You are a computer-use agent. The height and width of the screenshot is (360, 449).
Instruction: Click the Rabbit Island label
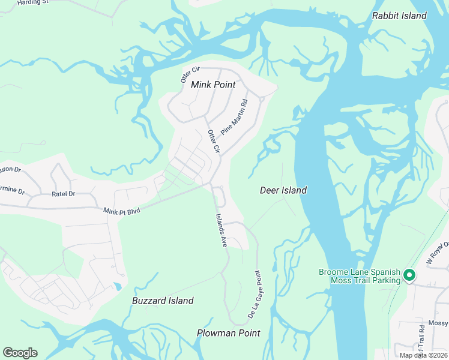click(x=399, y=16)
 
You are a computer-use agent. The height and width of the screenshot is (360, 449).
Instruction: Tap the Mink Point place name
click(x=213, y=85)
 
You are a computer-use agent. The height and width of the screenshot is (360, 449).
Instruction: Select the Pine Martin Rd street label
click(x=234, y=116)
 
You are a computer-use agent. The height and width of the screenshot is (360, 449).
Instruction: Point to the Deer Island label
click(x=283, y=190)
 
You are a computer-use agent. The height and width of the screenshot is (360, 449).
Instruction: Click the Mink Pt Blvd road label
click(x=121, y=211)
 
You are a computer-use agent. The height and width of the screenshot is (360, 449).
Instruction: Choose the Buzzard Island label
click(x=163, y=301)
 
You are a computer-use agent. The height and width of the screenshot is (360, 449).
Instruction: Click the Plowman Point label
click(x=228, y=332)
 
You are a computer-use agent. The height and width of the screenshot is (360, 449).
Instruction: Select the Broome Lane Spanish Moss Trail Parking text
click(x=360, y=276)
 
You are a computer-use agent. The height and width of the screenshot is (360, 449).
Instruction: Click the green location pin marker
click(x=409, y=275)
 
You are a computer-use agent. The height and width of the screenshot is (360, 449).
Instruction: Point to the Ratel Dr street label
click(x=63, y=194)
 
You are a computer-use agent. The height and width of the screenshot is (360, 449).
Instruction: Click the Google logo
click(x=20, y=353)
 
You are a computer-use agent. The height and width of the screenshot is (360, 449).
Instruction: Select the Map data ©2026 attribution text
click(x=423, y=355)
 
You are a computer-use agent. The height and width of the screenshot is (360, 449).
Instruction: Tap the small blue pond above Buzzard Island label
click(x=119, y=285)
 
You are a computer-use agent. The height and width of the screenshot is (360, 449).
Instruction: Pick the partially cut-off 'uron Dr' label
click(x=10, y=170)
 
